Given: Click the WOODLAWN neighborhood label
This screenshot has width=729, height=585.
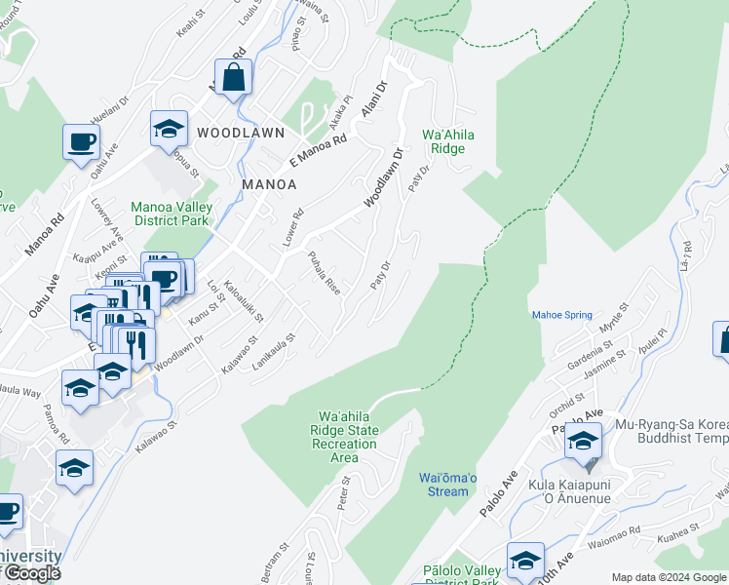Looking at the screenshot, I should (x=241, y=132).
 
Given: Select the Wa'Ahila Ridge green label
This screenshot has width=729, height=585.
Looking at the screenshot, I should (x=442, y=141).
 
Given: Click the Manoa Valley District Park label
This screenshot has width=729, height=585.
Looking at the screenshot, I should (x=172, y=214).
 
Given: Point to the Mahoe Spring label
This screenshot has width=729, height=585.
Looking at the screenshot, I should (x=561, y=315).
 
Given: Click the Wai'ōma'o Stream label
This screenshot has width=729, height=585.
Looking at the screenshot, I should (x=448, y=484).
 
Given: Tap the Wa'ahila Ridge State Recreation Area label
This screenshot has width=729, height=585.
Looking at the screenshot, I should (x=344, y=437).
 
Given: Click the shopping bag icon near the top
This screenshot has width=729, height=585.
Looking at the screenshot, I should (x=234, y=77).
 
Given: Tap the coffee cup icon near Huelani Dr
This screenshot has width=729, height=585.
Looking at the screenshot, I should (x=81, y=142).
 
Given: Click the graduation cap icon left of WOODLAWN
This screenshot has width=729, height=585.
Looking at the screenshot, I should (x=169, y=129).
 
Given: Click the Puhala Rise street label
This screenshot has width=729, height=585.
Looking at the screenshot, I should (x=324, y=274).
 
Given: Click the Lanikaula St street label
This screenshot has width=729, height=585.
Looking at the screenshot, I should (x=273, y=349).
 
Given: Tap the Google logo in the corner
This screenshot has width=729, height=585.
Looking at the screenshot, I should (x=31, y=573).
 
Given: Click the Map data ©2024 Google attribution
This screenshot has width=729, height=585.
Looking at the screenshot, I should (x=669, y=577).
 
